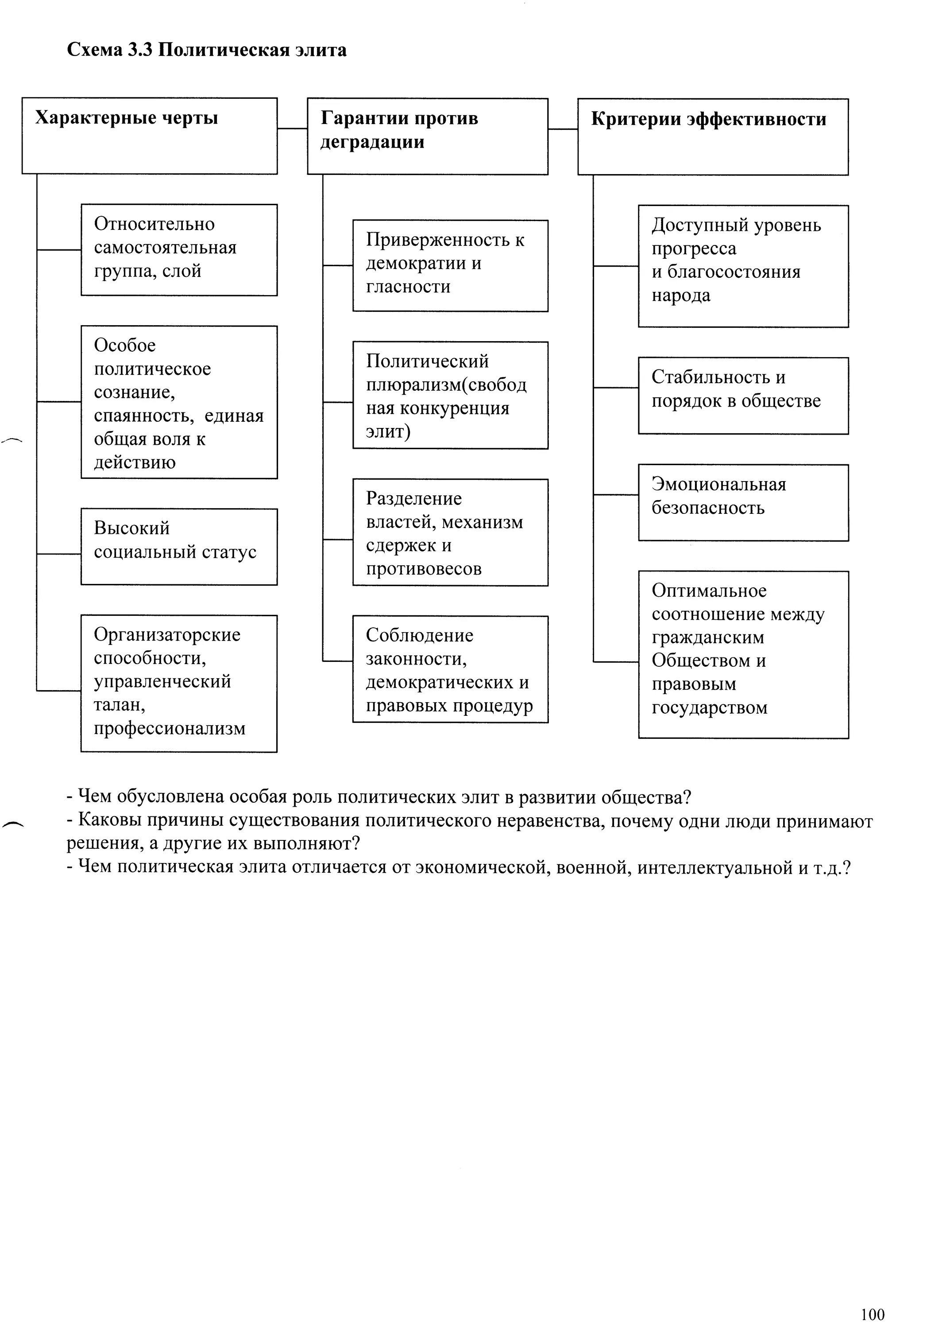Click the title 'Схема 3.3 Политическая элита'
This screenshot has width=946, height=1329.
(x=206, y=50)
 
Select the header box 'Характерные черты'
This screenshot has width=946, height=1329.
(x=149, y=136)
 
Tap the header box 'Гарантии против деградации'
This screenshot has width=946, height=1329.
(x=427, y=136)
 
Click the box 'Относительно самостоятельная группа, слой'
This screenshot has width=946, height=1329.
(x=178, y=249)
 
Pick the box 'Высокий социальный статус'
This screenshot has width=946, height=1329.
(x=178, y=546)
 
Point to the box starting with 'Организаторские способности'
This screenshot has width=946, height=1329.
(x=178, y=683)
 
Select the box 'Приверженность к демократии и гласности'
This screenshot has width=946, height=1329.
(x=450, y=265)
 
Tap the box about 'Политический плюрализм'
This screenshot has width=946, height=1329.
(x=450, y=395)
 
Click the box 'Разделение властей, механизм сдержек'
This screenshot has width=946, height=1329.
(x=450, y=532)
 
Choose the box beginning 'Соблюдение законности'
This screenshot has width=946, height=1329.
(x=450, y=669)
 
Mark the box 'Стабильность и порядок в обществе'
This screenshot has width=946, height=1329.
(x=743, y=395)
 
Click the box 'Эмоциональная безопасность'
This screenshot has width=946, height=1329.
(x=743, y=502)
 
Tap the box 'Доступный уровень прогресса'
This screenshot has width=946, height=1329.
(x=743, y=266)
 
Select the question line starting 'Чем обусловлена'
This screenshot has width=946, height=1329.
(x=378, y=797)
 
